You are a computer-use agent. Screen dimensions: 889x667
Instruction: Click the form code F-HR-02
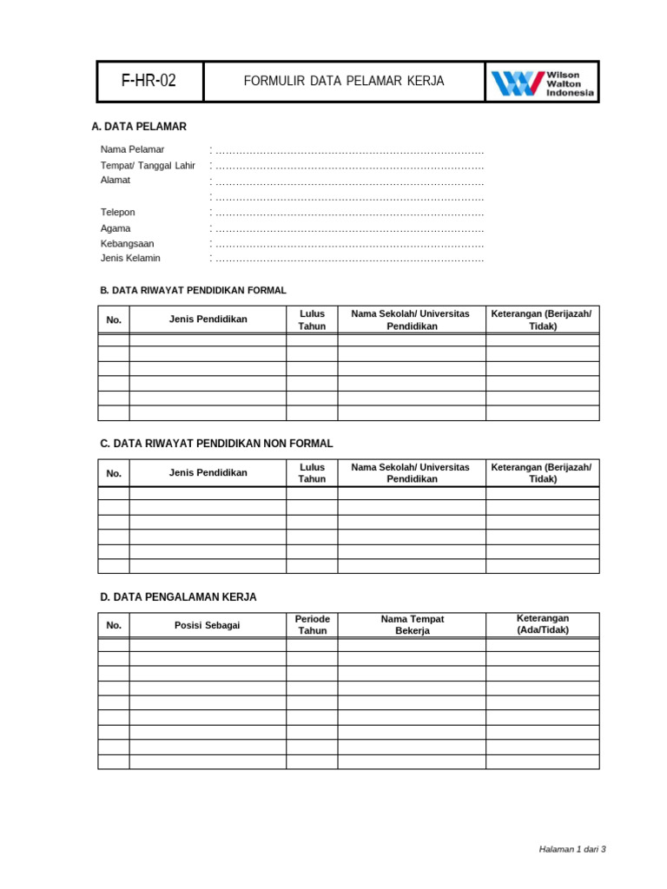click(x=149, y=82)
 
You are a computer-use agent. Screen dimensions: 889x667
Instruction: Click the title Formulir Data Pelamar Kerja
click(x=343, y=82)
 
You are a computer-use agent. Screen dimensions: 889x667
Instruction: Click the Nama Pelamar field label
click(x=132, y=150)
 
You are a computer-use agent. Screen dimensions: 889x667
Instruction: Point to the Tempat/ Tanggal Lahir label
click(x=148, y=166)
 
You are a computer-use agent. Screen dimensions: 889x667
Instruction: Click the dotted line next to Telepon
click(x=347, y=213)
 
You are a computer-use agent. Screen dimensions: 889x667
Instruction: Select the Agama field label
click(x=116, y=228)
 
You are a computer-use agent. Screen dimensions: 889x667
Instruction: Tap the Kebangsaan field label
click(x=127, y=244)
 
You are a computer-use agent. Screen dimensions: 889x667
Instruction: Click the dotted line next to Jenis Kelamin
click(x=347, y=259)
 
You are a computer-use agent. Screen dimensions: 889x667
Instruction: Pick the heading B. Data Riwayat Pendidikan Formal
click(x=193, y=291)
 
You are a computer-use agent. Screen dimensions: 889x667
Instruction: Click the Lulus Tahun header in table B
click(x=312, y=319)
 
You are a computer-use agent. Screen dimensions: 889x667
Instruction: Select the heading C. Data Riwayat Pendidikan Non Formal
click(x=216, y=444)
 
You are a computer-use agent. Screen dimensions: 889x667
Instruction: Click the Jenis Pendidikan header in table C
click(x=208, y=473)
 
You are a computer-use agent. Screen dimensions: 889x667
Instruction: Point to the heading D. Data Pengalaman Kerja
click(x=178, y=597)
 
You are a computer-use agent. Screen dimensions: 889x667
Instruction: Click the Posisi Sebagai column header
click(x=208, y=626)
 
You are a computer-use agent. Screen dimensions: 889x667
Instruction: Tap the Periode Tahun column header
click(x=312, y=625)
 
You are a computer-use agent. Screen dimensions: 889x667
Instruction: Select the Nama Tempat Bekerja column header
click(x=412, y=625)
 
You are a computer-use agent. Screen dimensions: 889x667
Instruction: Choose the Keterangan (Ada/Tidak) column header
click(x=542, y=624)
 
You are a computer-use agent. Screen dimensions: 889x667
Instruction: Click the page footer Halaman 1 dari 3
click(x=572, y=849)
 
